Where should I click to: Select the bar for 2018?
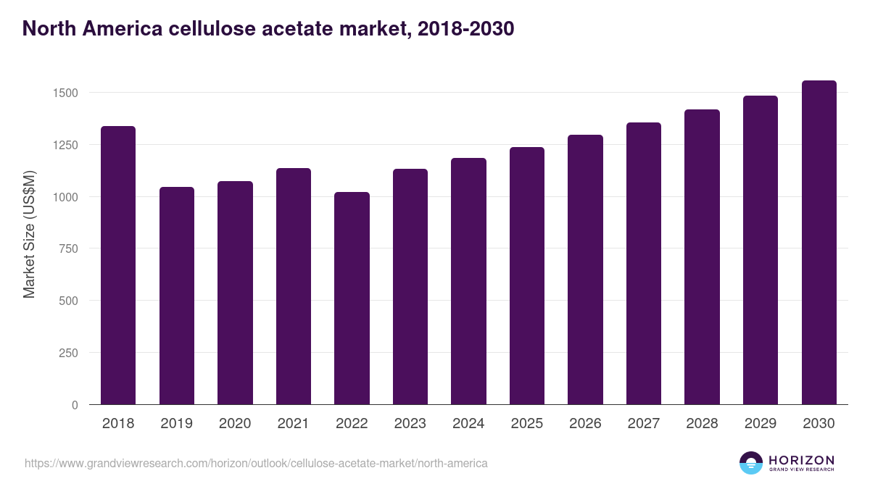pos(118,265)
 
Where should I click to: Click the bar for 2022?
pos(352,298)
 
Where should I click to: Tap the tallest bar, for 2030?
pos(819,243)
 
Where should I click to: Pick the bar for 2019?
pos(177,296)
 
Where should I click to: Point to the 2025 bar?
pos(527,275)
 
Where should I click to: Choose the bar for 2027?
pos(644,263)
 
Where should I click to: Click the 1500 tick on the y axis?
pos(65,93)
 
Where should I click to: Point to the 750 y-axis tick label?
pos(68,248)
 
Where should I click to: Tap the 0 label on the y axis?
pos(74,405)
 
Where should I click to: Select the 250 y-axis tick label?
pos(68,353)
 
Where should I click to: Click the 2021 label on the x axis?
pos(294,424)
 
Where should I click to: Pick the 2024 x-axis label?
pos(468,424)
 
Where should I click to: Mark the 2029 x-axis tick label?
pos(760,424)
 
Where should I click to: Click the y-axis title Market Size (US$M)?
pos(29,234)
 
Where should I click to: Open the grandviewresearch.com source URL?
pos(256,463)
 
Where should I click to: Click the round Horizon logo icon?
pos(751,463)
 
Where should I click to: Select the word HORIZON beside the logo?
pos(802,459)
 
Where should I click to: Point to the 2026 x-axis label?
pos(585,424)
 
